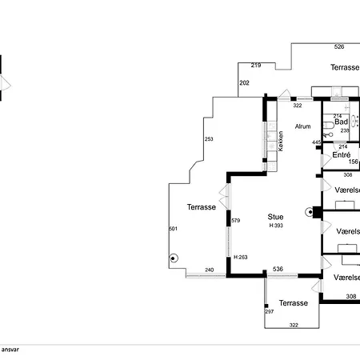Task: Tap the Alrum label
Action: click(x=303, y=126)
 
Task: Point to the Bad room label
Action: click(x=341, y=122)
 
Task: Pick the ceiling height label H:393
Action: click(x=276, y=226)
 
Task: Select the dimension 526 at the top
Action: click(x=339, y=46)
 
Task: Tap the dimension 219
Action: click(x=256, y=65)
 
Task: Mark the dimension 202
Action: click(x=244, y=82)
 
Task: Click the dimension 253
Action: click(x=209, y=139)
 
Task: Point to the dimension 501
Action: click(x=173, y=230)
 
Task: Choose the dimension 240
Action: click(x=209, y=270)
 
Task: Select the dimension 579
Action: click(x=235, y=221)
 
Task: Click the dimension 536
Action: click(x=278, y=270)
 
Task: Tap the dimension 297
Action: click(x=270, y=311)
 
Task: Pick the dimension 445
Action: click(x=317, y=142)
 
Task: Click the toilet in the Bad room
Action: click(x=330, y=135)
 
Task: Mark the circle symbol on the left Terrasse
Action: click(x=172, y=258)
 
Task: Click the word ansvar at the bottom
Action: click(x=10, y=350)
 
